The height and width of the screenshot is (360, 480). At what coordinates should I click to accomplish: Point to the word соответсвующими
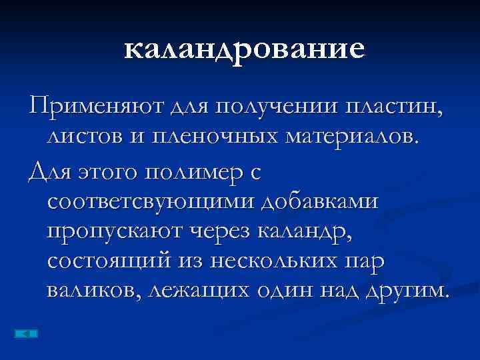click(151, 201)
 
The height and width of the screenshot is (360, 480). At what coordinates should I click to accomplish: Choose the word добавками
click(319, 201)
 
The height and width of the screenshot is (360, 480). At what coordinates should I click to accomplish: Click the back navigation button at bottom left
click(25, 333)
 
